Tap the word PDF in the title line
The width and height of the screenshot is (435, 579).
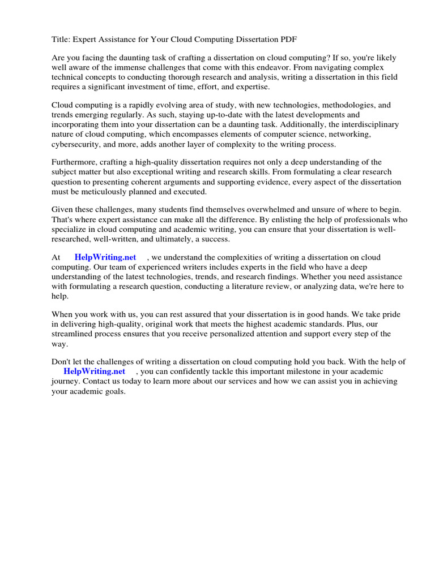pos(288,39)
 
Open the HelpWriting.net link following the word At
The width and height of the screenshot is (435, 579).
pos(105,258)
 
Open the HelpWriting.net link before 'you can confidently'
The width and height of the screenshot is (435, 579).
pos(94,371)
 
